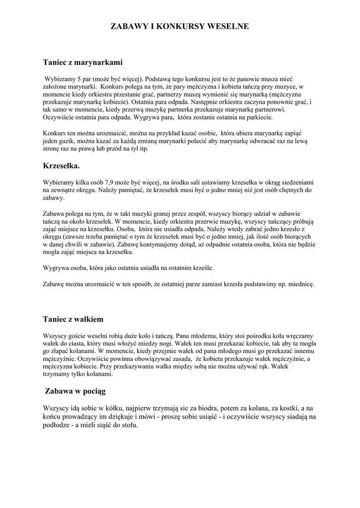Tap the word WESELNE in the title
point(229,26)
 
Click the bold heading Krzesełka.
point(62,164)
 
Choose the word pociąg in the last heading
point(91,391)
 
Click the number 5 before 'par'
point(76,78)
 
